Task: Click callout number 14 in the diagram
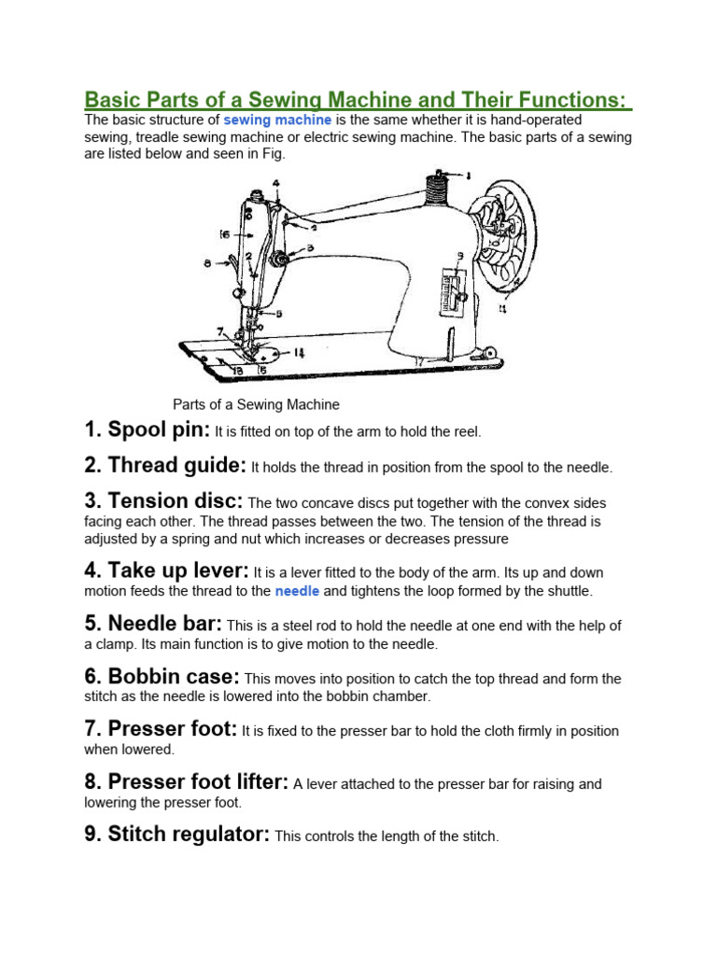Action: click(x=298, y=353)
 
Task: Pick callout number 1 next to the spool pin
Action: click(x=468, y=175)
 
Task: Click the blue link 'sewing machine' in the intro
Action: click(x=277, y=120)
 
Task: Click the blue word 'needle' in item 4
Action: click(x=297, y=591)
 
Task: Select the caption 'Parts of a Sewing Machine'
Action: click(x=256, y=404)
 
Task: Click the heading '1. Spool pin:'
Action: click(x=147, y=430)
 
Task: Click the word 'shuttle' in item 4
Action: click(x=565, y=591)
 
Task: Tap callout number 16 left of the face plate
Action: click(x=225, y=233)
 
